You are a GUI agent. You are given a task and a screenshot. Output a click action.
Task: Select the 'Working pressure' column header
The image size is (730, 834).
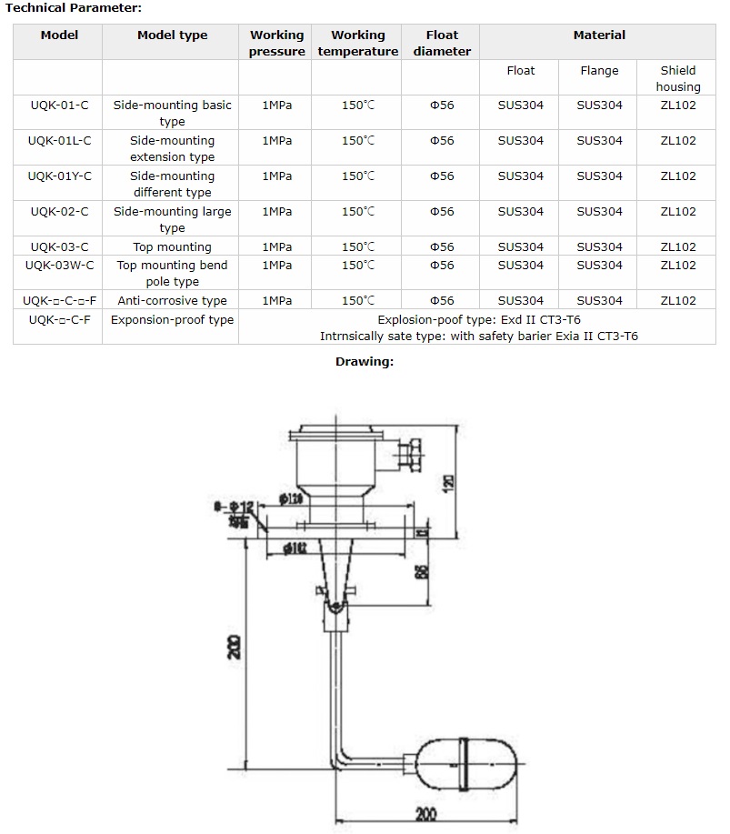pos(276,43)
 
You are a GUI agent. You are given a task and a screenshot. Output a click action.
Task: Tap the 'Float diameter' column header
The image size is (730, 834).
pos(442,43)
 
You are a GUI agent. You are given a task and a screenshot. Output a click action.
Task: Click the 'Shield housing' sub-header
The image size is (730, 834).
pos(678,78)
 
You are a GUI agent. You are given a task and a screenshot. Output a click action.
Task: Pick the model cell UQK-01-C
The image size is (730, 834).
pos(59,106)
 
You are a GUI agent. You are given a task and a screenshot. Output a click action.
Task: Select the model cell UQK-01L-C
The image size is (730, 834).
pos(59,141)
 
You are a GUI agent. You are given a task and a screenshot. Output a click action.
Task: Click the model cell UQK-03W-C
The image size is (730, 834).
pos(59,265)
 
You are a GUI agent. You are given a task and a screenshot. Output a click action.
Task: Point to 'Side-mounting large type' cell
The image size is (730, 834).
pos(172,219)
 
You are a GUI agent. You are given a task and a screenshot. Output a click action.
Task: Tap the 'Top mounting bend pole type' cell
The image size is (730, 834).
pos(172,273)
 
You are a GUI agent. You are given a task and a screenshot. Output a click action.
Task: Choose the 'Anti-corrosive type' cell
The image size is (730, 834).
pos(172,300)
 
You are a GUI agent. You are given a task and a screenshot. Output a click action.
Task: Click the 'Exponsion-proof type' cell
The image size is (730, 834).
pos(172,319)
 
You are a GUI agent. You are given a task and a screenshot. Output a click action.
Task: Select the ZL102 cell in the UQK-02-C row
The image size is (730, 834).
pos(678,212)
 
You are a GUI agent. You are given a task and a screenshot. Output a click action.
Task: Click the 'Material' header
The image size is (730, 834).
pos(599,35)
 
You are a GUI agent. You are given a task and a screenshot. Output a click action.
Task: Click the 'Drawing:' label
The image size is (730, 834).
pos(365,362)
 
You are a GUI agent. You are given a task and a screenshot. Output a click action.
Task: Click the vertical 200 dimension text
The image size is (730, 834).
pos(235,647)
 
